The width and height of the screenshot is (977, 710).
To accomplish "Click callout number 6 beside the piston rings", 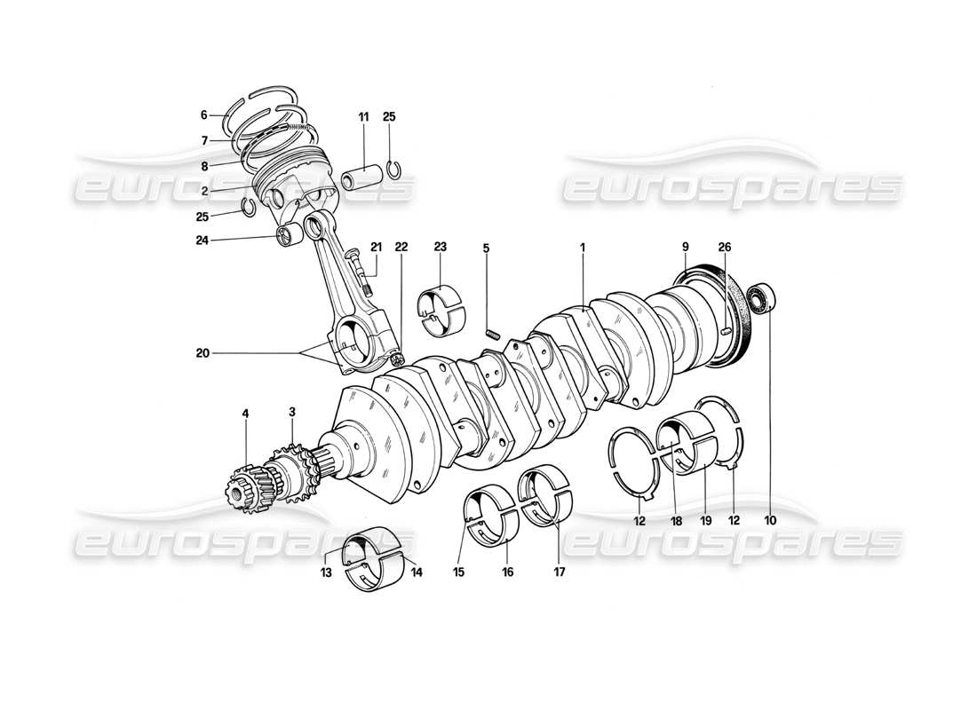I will [x=203, y=114].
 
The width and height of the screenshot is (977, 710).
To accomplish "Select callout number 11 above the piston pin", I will [x=364, y=117].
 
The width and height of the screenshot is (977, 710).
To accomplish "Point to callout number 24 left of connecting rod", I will [x=203, y=239].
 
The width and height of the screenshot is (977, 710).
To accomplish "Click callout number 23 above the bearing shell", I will [x=440, y=248].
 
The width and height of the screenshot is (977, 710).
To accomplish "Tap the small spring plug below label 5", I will [x=494, y=334].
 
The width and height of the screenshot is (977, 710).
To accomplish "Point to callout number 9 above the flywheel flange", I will [x=686, y=248].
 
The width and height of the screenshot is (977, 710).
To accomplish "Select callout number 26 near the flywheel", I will [x=724, y=248].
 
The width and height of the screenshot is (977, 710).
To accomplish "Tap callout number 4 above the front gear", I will [x=245, y=413].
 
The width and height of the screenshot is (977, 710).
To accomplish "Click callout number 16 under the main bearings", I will [x=508, y=573].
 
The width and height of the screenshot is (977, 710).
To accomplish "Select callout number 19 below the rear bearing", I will [x=703, y=521].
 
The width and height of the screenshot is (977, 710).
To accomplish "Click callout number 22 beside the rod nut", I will [x=401, y=248].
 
